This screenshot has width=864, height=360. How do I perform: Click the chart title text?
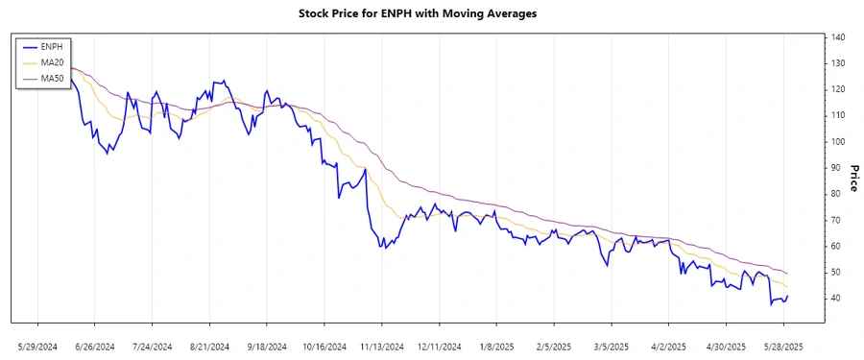(432, 14)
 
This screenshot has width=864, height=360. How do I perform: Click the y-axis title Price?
(852, 178)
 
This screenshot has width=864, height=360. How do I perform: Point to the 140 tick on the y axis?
(837, 37)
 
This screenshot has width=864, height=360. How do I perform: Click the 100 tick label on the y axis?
(837, 142)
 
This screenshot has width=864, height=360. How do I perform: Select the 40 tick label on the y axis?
(835, 299)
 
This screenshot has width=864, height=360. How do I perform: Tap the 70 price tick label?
(835, 220)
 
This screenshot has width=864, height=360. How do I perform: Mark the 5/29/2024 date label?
(37, 346)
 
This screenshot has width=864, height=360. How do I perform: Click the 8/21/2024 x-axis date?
(209, 346)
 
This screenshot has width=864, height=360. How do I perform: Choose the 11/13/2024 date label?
(381, 346)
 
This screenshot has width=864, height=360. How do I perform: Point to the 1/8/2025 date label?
(496, 346)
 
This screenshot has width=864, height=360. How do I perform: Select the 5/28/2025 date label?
(783, 346)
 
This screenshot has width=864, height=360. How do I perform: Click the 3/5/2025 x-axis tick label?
(612, 346)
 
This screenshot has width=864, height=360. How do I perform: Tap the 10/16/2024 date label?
(324, 346)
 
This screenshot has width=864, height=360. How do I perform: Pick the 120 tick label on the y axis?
(837, 89)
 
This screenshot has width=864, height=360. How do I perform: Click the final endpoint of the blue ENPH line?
(788, 296)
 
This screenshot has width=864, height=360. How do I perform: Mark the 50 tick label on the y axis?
(835, 273)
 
